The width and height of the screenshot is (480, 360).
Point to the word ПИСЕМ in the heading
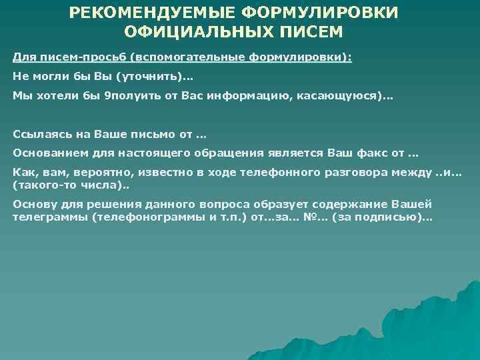coord(312,31)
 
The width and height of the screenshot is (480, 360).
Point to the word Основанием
coord(45,153)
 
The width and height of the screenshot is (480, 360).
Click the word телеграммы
coord(45,217)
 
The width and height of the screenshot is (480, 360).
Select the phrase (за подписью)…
coord(393,217)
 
